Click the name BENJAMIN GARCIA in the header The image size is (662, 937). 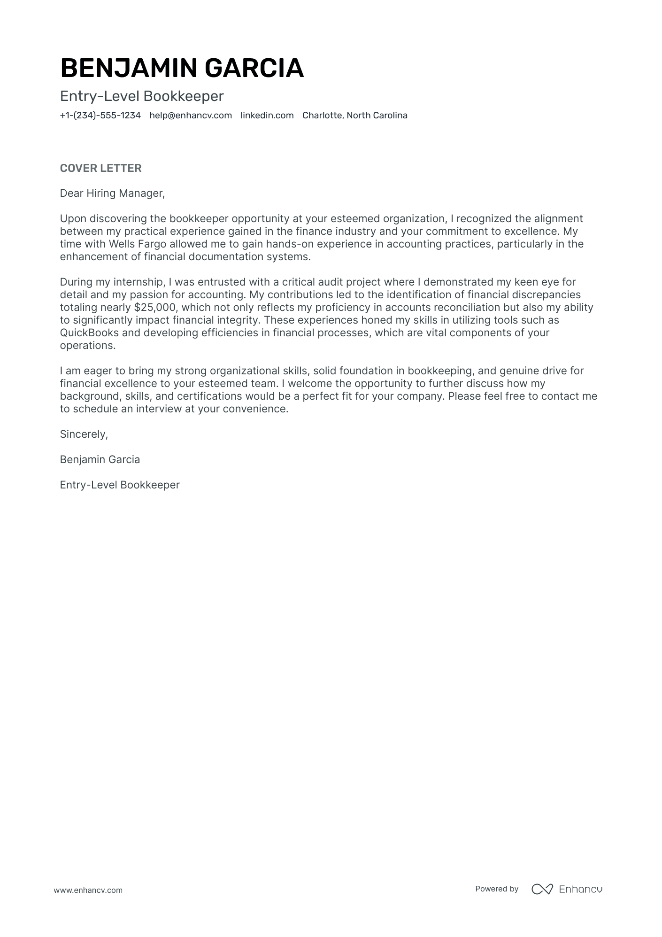point(182,68)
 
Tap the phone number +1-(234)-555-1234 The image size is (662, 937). point(100,116)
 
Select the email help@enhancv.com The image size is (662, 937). point(191,116)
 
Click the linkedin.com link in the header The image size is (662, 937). point(267,116)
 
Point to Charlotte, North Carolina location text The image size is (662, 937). point(354,116)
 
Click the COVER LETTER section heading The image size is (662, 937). point(100,168)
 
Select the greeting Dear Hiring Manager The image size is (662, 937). point(112,193)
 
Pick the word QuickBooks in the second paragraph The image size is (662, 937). point(89,333)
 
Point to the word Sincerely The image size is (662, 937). point(84,434)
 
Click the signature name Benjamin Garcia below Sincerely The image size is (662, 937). point(100,460)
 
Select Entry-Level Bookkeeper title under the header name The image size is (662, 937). point(142,96)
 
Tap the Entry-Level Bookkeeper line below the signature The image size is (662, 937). point(120,485)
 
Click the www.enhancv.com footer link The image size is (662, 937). point(88,890)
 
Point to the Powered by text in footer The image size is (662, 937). point(496,889)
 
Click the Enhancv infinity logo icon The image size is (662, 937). point(542,889)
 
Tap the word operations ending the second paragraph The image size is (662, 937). point(87,346)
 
